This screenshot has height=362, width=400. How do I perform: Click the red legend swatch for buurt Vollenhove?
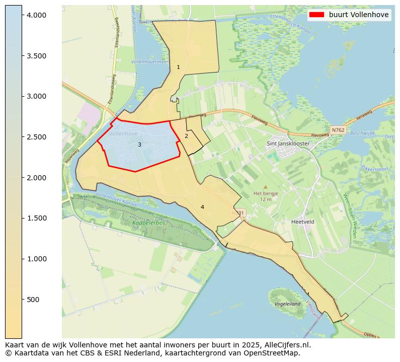(317, 15)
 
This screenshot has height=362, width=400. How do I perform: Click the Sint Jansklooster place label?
(288, 143)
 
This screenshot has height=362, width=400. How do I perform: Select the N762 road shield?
(338, 130)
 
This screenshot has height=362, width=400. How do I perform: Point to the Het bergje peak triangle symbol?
(266, 187)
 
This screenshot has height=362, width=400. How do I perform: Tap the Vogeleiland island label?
(287, 304)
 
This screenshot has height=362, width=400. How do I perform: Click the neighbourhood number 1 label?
(178, 67)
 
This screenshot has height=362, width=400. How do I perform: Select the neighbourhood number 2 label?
(186, 136)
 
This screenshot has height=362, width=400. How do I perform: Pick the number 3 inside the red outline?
(139, 145)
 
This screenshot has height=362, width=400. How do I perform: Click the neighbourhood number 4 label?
(202, 207)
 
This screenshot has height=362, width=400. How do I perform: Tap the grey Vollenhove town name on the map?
(123, 134)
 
